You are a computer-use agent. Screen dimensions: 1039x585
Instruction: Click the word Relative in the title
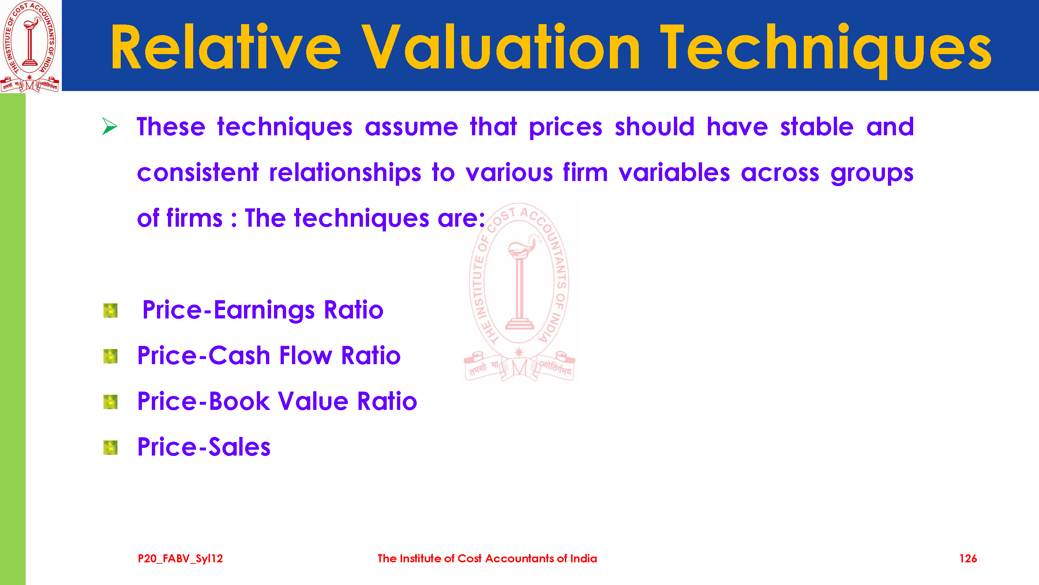[226, 47]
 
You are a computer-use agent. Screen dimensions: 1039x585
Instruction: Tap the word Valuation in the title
[500, 47]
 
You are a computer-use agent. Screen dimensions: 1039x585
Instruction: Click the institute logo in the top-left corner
[30, 46]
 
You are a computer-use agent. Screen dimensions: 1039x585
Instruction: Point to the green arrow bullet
[109, 126]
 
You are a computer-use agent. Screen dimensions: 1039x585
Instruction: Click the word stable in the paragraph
[817, 127]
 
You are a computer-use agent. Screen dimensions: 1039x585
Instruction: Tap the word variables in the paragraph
[674, 173]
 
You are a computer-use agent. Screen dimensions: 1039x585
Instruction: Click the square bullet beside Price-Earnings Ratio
[110, 310]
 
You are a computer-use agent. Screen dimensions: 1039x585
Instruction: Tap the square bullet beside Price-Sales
[110, 448]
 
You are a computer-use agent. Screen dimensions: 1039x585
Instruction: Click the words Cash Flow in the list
[270, 356]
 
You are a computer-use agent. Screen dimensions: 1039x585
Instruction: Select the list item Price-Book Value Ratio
[277, 401]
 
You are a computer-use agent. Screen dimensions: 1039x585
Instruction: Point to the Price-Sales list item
[204, 447]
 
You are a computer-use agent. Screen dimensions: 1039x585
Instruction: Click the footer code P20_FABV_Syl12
[180, 558]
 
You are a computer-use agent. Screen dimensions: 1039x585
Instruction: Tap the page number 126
[968, 558]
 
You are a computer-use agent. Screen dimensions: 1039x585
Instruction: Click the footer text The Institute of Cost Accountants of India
[487, 558]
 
